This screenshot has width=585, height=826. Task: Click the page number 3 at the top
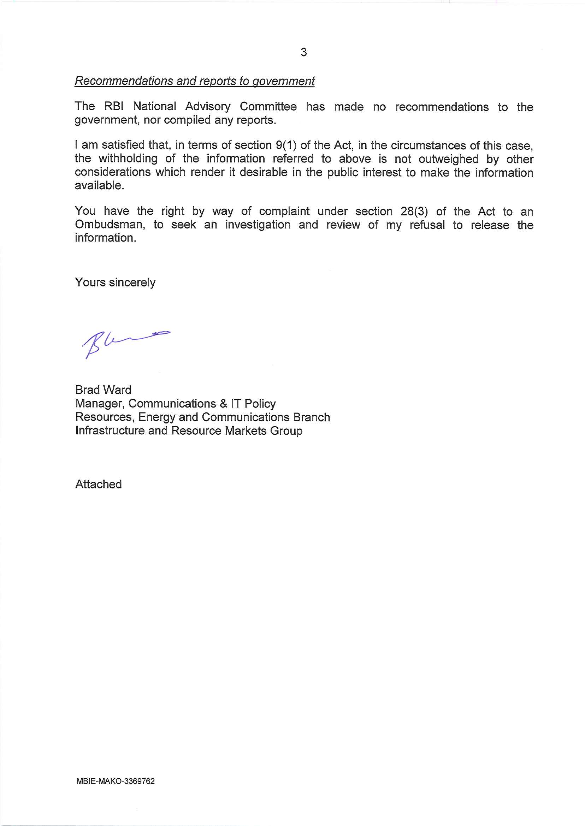304,52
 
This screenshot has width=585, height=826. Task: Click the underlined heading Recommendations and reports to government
195,81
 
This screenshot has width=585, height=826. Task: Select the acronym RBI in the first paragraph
114,107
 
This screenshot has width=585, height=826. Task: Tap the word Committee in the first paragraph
268,107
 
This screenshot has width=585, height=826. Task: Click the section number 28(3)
414,212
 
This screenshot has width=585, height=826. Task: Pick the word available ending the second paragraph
99,186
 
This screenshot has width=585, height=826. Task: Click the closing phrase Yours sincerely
115,283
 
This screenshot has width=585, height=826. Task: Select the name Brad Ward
103,390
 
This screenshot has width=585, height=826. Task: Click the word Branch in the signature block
311,417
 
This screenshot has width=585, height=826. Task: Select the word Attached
98,485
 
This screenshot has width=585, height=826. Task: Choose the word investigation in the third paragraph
258,225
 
